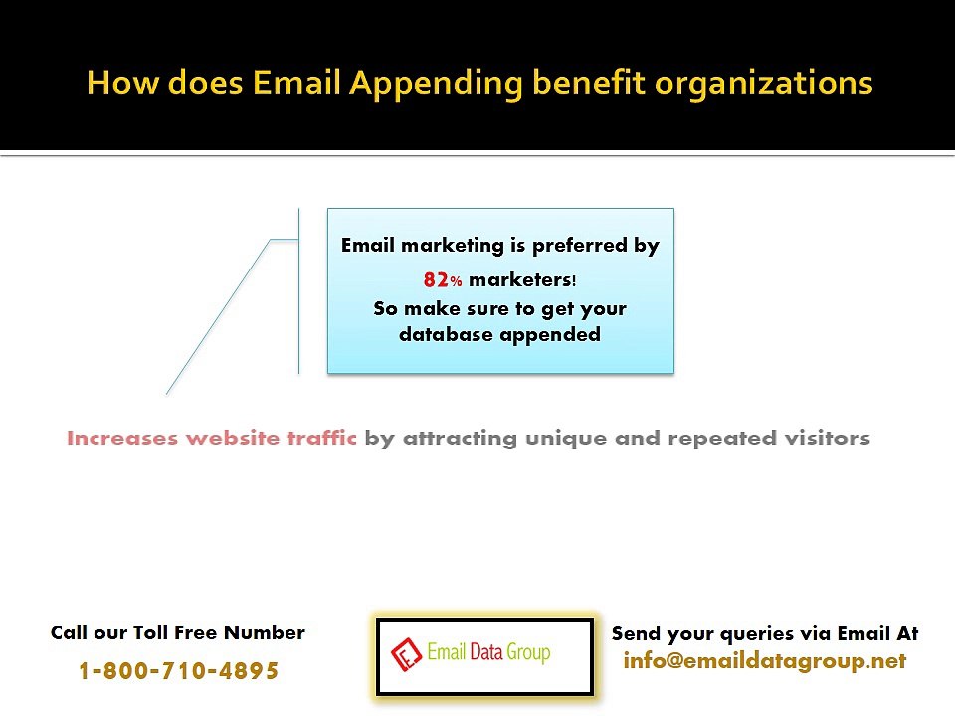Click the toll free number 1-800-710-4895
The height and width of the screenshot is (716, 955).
pos(178,671)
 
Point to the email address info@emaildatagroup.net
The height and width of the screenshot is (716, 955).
pos(764,660)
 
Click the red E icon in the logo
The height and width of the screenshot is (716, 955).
pos(404,655)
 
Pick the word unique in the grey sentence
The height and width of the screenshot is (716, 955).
pos(564,438)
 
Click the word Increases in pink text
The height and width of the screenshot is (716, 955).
pos(122,438)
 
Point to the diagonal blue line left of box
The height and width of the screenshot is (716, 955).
pos(217,317)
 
